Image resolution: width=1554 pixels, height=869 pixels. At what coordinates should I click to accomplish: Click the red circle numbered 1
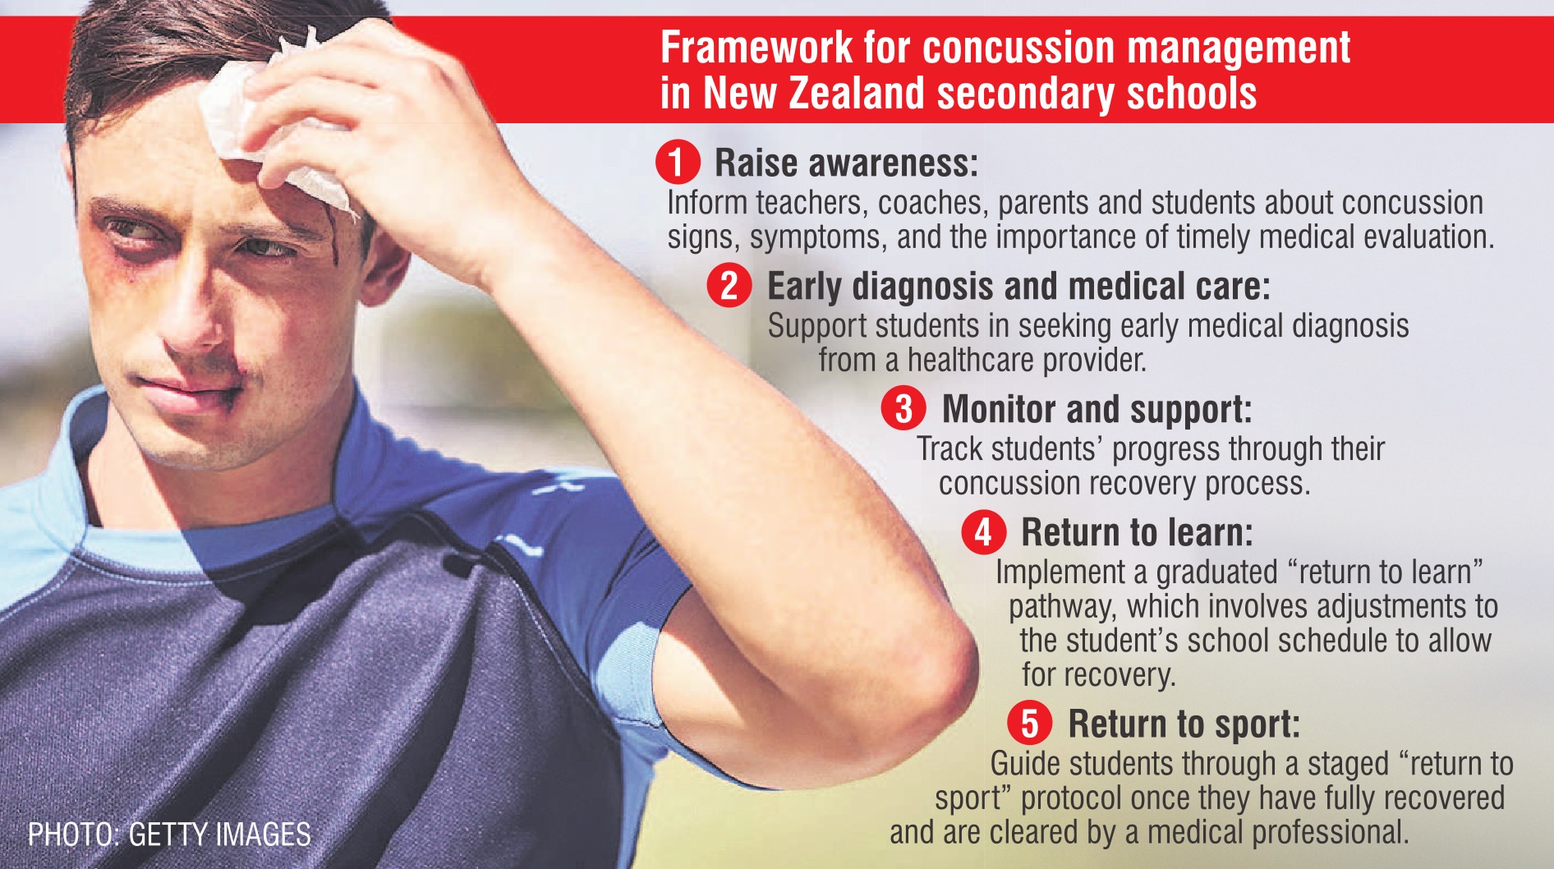(678, 162)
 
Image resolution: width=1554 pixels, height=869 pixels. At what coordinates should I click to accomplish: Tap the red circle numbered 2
(729, 286)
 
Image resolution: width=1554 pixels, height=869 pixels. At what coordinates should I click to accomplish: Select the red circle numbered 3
(903, 408)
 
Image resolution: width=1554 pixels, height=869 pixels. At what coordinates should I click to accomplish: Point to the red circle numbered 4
(983, 531)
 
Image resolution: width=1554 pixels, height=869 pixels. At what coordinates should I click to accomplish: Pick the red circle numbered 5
(1030, 723)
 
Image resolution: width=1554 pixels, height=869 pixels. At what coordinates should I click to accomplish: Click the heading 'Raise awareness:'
(847, 163)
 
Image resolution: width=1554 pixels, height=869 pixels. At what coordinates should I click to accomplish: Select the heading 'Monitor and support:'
(1097, 409)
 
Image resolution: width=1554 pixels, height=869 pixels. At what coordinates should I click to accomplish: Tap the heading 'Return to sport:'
(1184, 724)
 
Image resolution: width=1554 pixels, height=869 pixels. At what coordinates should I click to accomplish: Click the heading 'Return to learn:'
(1138, 532)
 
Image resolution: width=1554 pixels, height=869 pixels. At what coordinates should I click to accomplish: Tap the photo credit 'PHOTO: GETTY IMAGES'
(169, 835)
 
